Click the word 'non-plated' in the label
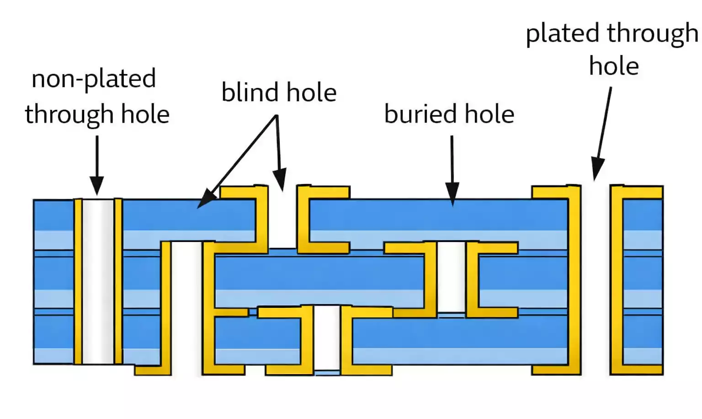(x=94, y=79)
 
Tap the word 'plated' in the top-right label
(x=563, y=34)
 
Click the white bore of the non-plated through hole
(x=98, y=281)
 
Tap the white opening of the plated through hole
(x=595, y=279)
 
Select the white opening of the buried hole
(x=451, y=277)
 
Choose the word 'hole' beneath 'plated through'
(x=614, y=66)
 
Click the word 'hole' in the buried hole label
(x=489, y=114)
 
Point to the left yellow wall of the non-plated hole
(x=78, y=281)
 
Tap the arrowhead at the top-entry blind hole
(x=280, y=179)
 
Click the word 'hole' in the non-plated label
(x=145, y=114)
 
